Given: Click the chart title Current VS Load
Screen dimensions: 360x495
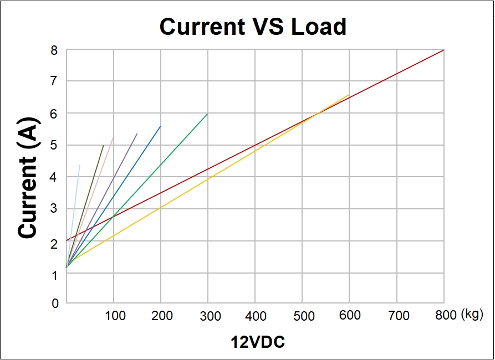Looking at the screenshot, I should (253, 26).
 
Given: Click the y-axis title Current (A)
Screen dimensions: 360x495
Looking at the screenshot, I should (29, 178).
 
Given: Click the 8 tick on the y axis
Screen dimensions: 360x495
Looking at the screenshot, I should (54, 50).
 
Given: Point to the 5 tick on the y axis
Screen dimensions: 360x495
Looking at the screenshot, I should (54, 146).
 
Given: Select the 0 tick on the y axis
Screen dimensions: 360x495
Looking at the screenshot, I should (54, 303).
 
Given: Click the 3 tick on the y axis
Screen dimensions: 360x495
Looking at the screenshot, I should (54, 209).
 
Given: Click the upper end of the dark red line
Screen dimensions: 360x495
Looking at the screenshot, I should (443, 50).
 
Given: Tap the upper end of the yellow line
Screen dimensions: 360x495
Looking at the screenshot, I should (349, 95).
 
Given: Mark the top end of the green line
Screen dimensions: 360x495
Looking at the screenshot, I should (207, 114).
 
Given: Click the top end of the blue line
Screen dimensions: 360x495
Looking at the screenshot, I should (161, 126).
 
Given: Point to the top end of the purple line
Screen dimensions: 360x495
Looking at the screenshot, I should (137, 133).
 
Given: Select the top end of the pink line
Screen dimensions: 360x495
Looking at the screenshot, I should (114, 137).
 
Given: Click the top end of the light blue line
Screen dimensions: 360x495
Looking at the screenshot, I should (80, 165).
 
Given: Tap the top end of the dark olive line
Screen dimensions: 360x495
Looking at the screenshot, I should (104, 145).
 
